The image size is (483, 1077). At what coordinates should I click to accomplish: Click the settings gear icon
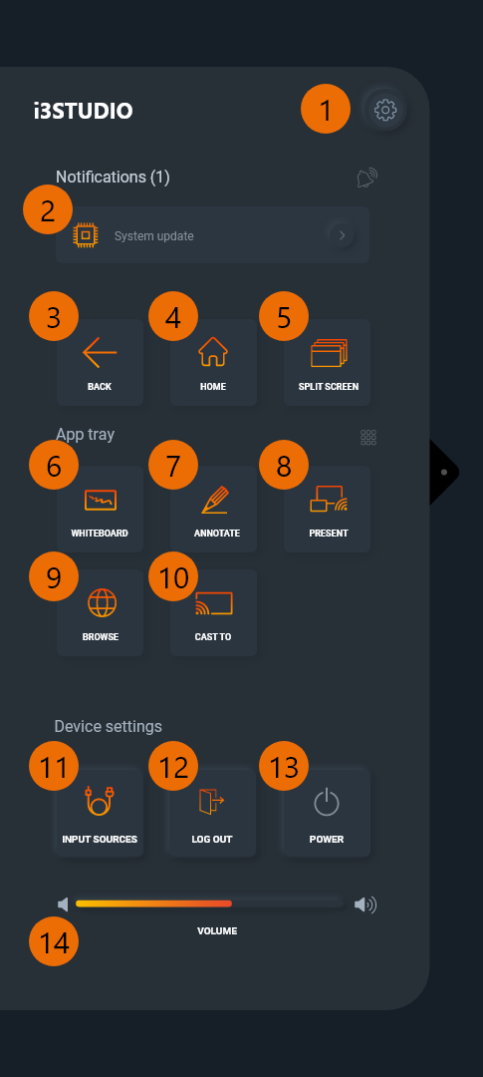click(384, 110)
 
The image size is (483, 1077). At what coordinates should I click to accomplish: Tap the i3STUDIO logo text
click(83, 111)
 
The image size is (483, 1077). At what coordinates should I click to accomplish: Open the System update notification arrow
click(342, 235)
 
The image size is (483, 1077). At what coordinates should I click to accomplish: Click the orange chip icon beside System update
click(87, 235)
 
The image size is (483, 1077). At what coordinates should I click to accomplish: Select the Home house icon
click(213, 352)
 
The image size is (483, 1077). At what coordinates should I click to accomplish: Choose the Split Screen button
click(328, 362)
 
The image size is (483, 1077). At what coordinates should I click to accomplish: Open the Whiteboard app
click(100, 509)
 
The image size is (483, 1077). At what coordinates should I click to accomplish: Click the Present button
click(328, 509)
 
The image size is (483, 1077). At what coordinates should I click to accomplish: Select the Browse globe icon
click(102, 603)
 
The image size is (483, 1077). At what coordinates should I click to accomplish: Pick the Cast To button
click(213, 612)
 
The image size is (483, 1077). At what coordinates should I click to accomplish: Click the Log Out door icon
click(212, 802)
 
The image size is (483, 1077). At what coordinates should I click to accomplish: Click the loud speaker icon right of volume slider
click(365, 905)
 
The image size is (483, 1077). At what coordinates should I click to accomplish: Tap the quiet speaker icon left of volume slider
click(63, 904)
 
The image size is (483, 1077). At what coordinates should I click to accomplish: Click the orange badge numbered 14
click(54, 942)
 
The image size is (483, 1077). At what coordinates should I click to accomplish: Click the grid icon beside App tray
click(368, 437)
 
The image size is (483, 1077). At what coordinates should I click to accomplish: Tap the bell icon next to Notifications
click(367, 178)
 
